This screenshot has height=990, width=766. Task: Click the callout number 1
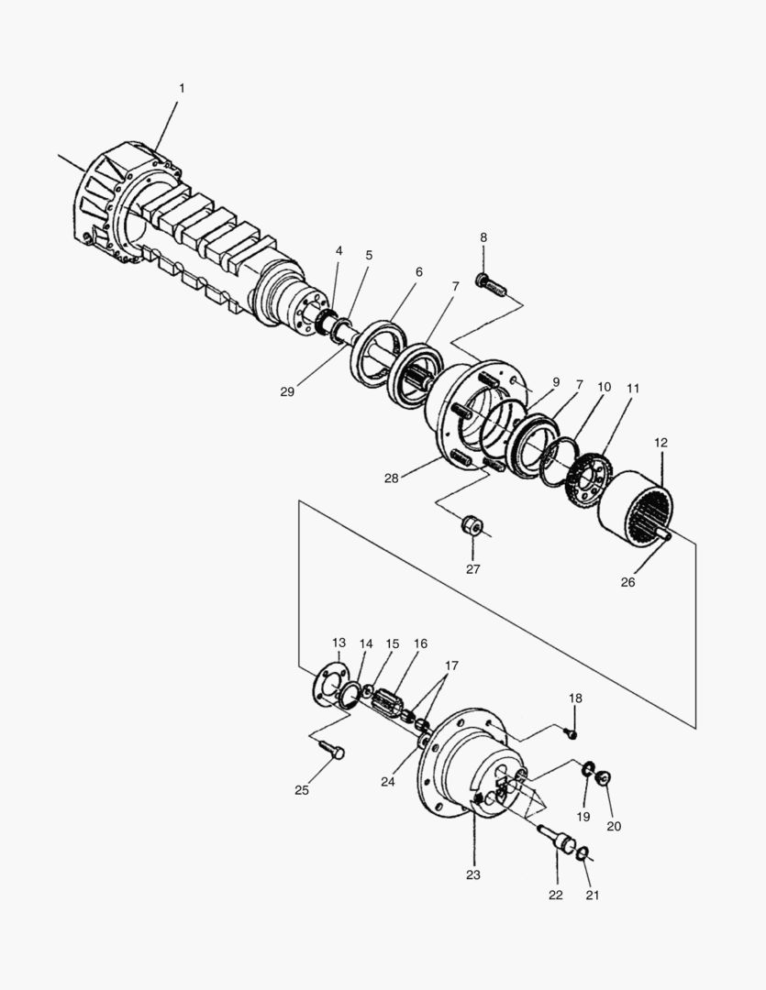click(181, 88)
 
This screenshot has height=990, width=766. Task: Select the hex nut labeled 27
click(472, 528)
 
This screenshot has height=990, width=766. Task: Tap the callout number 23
click(472, 874)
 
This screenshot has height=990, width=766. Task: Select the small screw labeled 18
click(571, 732)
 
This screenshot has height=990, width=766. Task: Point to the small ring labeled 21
click(582, 854)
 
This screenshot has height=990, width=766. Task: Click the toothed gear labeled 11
click(588, 472)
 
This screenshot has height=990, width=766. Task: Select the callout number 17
click(451, 665)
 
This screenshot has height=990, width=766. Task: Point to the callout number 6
click(419, 272)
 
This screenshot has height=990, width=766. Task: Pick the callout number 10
click(604, 388)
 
